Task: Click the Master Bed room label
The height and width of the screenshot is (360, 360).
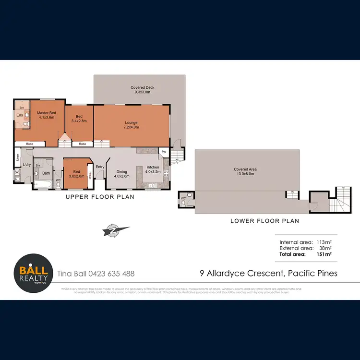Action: coord(47,115)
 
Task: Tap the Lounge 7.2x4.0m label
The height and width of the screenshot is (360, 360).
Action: coord(130,125)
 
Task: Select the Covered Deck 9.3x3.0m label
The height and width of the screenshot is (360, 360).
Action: coord(142,90)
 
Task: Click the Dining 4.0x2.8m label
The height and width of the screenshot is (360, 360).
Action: coord(121,173)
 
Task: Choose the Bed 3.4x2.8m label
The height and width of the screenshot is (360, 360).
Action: coord(79,119)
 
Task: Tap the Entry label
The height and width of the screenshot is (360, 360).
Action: coord(100,167)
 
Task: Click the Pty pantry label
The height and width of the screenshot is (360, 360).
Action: coord(164,152)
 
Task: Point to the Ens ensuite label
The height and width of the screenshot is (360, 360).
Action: coord(20,115)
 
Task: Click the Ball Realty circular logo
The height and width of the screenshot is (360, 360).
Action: coord(33,273)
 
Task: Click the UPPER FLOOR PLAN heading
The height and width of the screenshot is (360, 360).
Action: coord(99,197)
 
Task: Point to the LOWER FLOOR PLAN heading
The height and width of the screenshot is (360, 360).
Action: coord(264,221)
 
